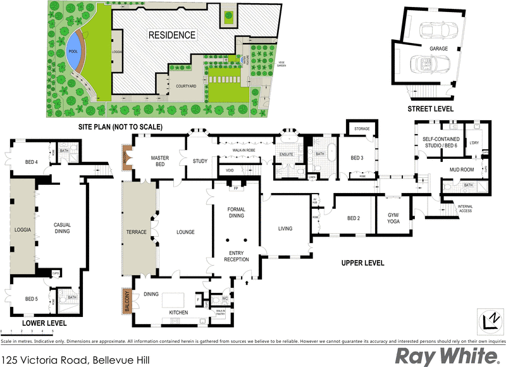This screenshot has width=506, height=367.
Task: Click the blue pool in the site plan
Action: tap(73, 50)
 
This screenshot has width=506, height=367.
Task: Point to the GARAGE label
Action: tap(439, 48)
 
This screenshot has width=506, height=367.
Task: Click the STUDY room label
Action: tap(200, 161)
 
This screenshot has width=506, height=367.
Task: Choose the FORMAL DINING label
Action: tap(236, 213)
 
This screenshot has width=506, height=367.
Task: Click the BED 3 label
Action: tap(357, 158)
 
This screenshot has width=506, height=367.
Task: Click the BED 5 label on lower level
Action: tap(32, 299)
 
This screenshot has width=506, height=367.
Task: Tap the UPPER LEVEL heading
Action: tap(363, 262)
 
